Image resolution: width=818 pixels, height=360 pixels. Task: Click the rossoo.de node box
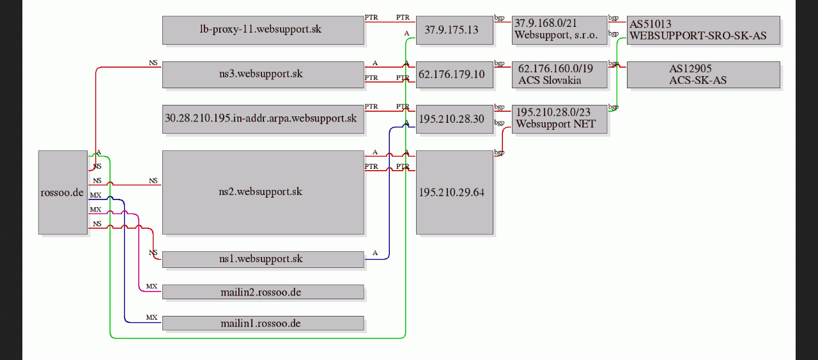[63, 192]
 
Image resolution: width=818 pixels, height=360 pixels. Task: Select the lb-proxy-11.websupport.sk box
[263, 30]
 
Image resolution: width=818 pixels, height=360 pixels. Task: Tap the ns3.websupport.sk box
[263, 75]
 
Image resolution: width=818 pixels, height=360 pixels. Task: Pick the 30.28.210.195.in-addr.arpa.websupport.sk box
[263, 119]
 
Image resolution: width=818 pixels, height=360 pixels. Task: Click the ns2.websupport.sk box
[263, 192]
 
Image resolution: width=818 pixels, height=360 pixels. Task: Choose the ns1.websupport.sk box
[263, 259]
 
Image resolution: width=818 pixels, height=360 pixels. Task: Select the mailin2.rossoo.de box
[263, 292]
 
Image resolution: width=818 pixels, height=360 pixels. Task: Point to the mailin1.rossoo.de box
[263, 323]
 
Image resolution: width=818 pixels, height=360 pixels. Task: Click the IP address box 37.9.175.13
[454, 30]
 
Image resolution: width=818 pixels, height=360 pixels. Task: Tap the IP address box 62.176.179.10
[454, 75]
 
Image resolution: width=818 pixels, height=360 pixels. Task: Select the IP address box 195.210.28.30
[454, 119]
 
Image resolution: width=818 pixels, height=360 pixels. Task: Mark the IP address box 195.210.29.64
[454, 192]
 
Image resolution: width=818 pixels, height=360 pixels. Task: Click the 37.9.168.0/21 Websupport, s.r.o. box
[559, 30]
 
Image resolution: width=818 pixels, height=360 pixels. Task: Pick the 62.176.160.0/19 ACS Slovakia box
[559, 75]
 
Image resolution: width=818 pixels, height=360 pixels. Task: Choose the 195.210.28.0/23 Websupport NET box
[559, 119]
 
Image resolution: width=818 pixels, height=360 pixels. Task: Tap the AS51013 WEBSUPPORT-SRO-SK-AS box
[704, 30]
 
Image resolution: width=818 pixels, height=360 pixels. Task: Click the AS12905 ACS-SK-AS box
[704, 75]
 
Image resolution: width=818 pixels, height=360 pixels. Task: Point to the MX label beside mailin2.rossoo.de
[151, 286]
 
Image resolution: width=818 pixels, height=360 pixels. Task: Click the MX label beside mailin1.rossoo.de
[151, 317]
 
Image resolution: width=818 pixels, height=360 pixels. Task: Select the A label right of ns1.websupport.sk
[375, 253]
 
